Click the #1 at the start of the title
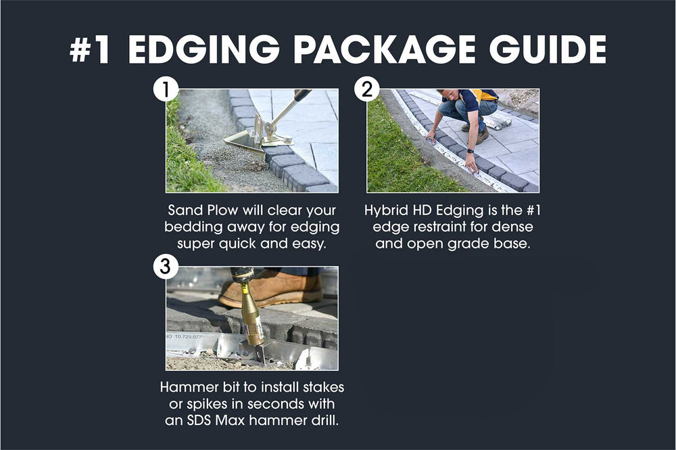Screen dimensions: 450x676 click(91, 50)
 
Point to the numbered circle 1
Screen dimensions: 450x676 click(166, 89)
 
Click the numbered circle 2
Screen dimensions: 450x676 click(367, 89)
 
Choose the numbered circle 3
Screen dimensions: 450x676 click(166, 267)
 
